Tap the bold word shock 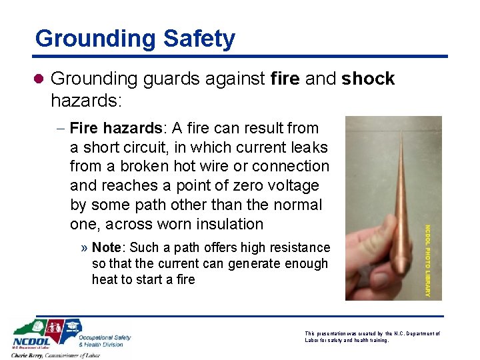tap(368, 79)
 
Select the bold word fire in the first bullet tap(285, 79)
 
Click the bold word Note tap(106, 247)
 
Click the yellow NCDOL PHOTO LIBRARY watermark tap(428, 260)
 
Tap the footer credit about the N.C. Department tap(372, 336)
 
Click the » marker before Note tap(85, 248)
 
